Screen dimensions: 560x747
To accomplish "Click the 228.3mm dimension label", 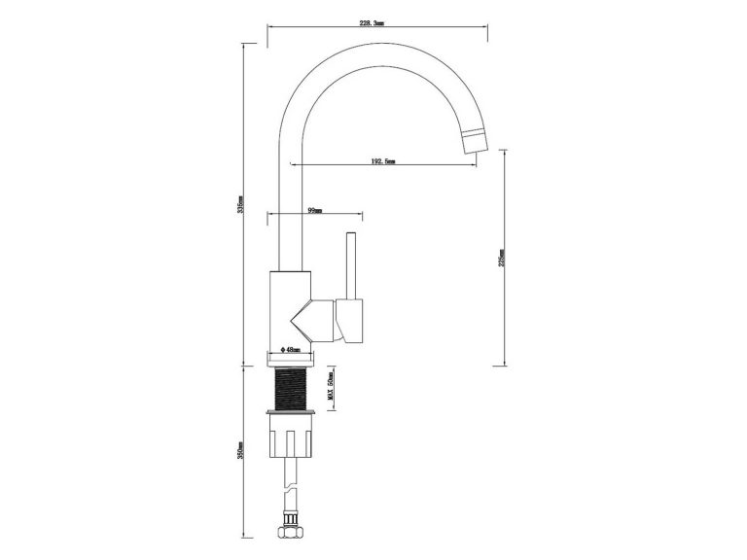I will click(x=372, y=22).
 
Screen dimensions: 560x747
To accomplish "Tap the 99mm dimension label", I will click(x=314, y=209).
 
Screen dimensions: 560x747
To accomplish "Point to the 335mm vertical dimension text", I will click(x=241, y=208).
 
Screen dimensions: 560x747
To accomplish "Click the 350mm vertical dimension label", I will click(x=241, y=452).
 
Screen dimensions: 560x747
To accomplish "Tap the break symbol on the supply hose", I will click(x=291, y=486).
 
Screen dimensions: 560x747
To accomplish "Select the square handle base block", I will click(x=350, y=321).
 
